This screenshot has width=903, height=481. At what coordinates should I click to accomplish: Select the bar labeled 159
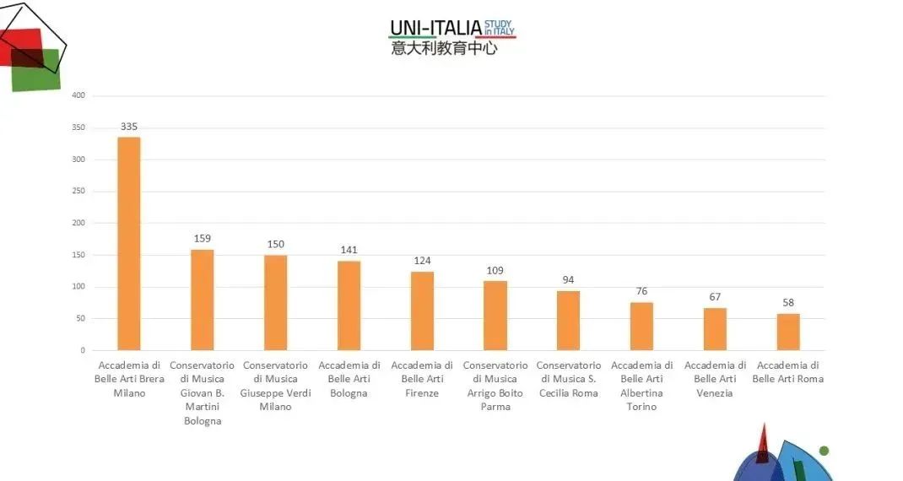202,300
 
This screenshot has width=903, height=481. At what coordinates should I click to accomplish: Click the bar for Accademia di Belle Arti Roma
787,332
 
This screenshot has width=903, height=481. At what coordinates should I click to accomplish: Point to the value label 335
128,127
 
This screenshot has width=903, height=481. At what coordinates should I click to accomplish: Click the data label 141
349,250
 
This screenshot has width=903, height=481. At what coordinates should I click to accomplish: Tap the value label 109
495,271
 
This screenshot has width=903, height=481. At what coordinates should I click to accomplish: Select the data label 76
641,291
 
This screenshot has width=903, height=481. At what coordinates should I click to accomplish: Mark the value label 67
715,297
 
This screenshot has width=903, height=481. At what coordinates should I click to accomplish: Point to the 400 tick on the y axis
78,95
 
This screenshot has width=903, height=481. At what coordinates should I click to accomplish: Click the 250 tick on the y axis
78,191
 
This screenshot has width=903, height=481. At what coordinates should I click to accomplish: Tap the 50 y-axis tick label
81,318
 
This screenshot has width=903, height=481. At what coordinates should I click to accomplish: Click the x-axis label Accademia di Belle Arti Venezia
715,379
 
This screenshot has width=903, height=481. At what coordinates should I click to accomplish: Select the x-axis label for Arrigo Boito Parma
495,386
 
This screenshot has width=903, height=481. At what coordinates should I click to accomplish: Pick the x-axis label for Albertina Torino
641,386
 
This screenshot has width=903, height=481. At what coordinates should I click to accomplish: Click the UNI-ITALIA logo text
435,28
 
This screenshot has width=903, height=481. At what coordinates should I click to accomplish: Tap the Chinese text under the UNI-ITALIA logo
444,48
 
